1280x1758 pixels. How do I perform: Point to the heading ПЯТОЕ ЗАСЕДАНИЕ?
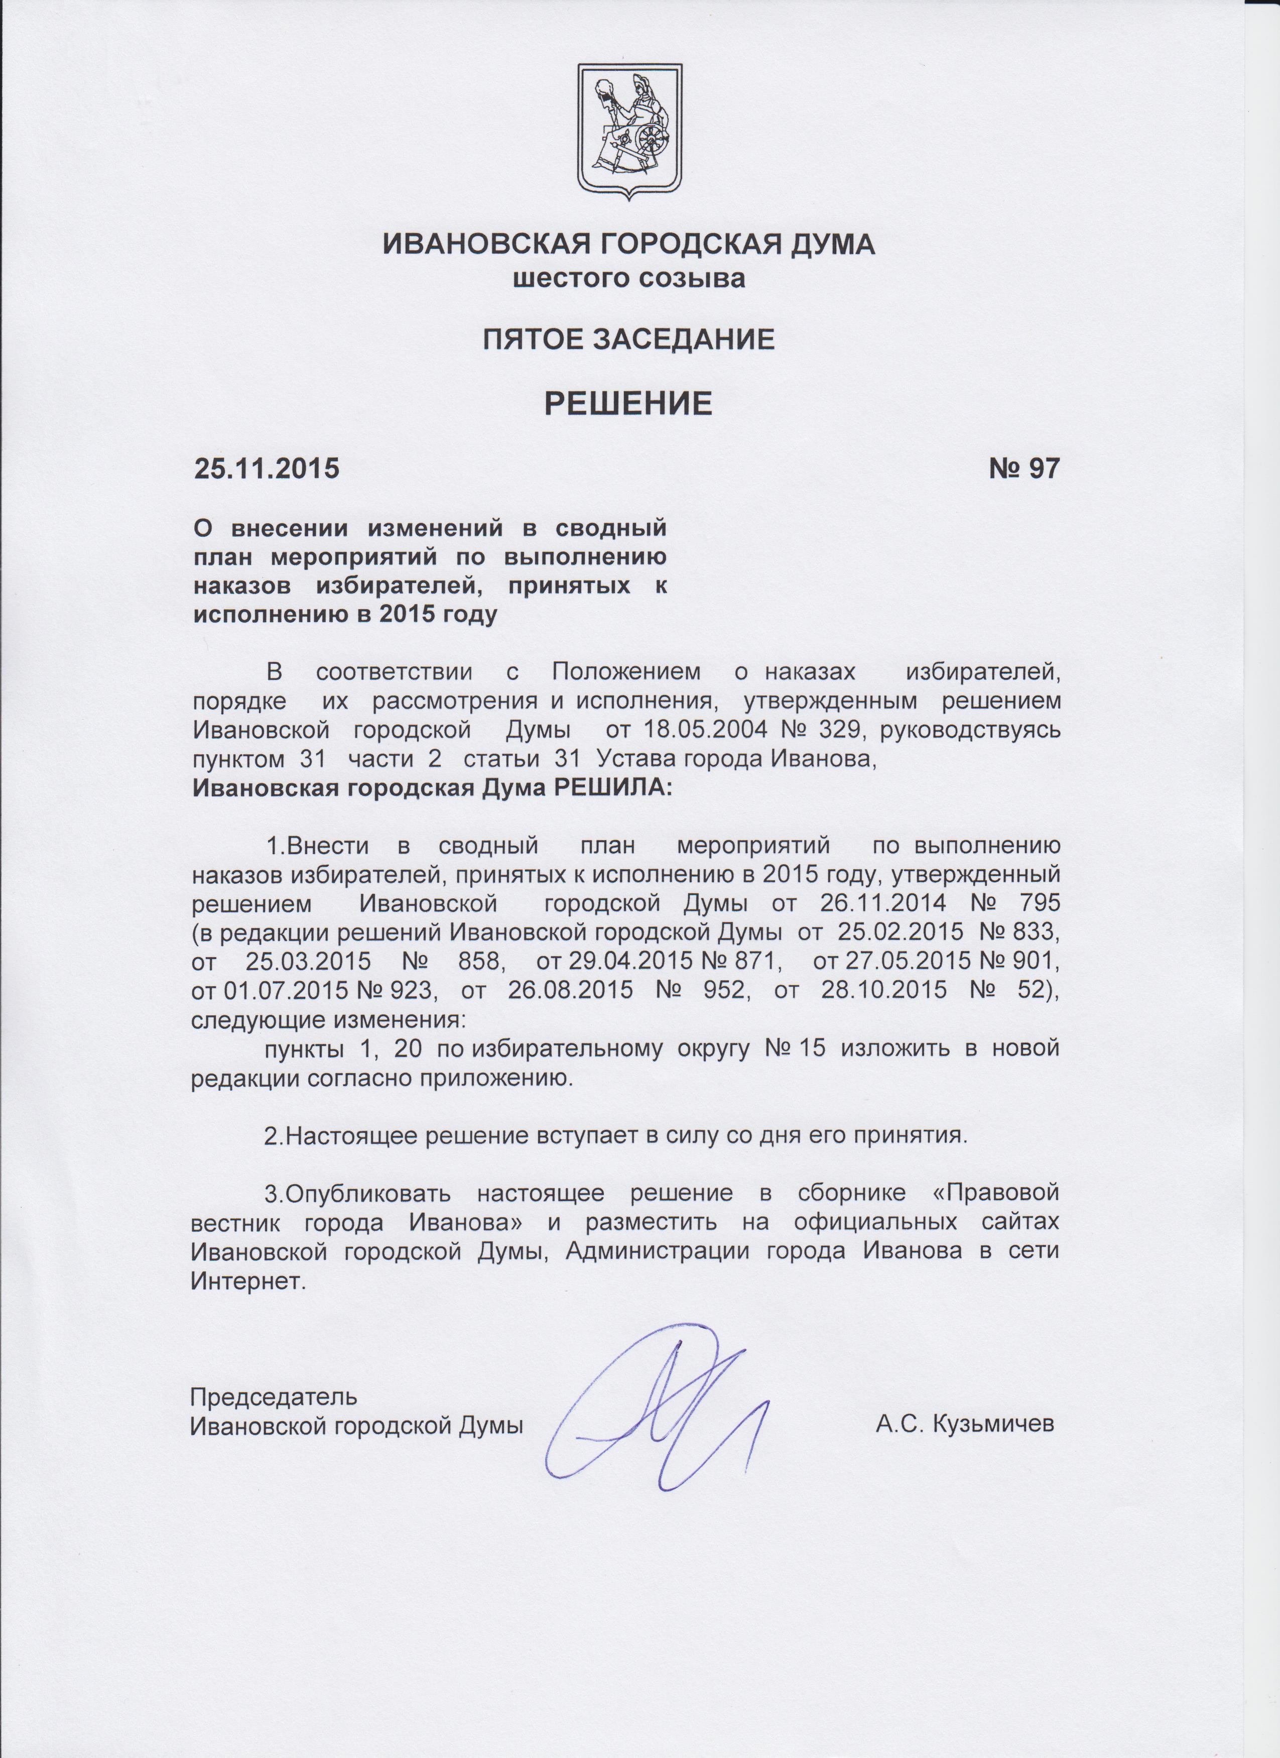tap(629, 339)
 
